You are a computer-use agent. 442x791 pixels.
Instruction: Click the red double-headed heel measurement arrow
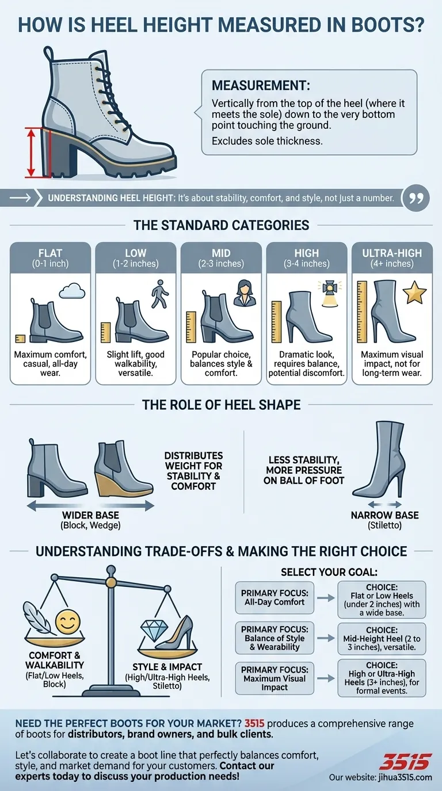point(31,152)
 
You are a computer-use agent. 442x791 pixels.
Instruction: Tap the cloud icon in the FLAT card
point(72,291)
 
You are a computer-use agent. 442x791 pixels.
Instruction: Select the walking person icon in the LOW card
point(160,294)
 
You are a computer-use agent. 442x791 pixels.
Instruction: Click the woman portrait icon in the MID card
point(245,293)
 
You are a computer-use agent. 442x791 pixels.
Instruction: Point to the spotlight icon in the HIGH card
point(330,293)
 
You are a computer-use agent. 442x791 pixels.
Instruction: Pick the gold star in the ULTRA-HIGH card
point(415,293)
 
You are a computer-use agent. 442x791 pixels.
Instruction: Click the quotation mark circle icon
point(416,198)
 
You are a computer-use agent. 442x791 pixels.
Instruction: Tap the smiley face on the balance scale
point(68,622)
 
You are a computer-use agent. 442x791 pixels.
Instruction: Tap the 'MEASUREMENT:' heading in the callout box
point(261,86)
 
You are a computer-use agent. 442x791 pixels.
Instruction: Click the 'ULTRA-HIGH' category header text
point(392,253)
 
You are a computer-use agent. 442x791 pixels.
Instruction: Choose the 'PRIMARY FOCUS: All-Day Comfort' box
point(275,598)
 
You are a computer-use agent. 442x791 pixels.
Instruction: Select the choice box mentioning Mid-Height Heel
point(382,639)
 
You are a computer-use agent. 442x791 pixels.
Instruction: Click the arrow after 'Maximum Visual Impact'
point(326,678)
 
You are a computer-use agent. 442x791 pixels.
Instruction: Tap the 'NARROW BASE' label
point(384,515)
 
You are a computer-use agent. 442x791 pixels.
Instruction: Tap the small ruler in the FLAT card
point(20,339)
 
